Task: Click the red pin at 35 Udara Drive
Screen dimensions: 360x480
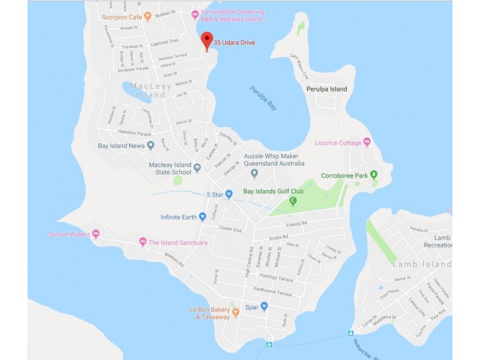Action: tap(207, 40)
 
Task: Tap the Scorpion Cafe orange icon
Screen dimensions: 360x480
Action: tap(148, 17)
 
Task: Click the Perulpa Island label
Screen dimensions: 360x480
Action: tap(326, 89)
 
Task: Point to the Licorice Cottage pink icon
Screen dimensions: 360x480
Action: tap(367, 142)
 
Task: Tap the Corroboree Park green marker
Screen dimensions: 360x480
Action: tap(374, 175)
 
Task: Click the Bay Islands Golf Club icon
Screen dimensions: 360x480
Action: tap(293, 201)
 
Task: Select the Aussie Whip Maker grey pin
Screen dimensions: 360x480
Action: tap(254, 173)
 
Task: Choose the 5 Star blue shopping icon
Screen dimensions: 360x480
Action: tap(229, 194)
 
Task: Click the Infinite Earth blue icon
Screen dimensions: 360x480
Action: tap(203, 217)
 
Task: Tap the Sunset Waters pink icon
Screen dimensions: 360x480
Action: tap(95, 234)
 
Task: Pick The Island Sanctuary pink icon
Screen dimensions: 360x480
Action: tap(143, 242)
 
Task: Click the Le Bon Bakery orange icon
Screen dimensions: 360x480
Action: tap(236, 312)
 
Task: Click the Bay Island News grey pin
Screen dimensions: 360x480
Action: tap(151, 145)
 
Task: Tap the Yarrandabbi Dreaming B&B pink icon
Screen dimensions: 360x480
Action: tap(194, 14)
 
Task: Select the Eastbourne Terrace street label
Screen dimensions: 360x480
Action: tap(272, 293)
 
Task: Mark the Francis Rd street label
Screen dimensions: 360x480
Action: tap(313, 223)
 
